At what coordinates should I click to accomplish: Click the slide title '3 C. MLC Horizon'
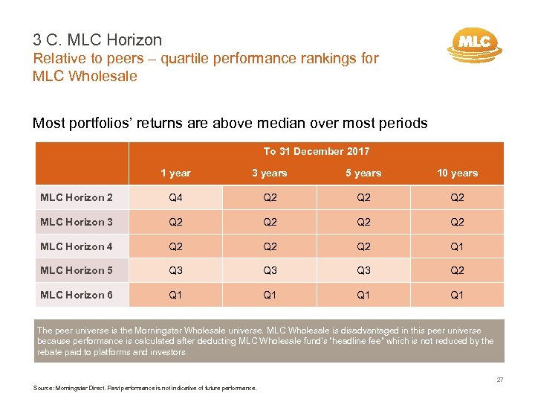[97, 40]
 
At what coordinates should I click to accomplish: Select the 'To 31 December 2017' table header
[316, 151]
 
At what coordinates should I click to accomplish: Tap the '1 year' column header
[176, 173]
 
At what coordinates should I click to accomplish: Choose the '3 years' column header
[270, 173]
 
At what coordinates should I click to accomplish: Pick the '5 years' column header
[363, 173]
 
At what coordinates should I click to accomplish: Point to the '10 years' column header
[457, 173]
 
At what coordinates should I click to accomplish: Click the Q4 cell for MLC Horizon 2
[176, 198]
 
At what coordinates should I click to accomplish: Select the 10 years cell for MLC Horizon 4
[457, 246]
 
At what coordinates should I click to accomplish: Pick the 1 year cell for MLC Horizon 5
[176, 270]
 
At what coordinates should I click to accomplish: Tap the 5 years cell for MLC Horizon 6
[363, 295]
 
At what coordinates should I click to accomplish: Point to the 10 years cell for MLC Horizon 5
[457, 270]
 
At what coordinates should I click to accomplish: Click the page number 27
[499, 380]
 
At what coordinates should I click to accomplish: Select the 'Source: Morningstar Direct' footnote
[145, 388]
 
